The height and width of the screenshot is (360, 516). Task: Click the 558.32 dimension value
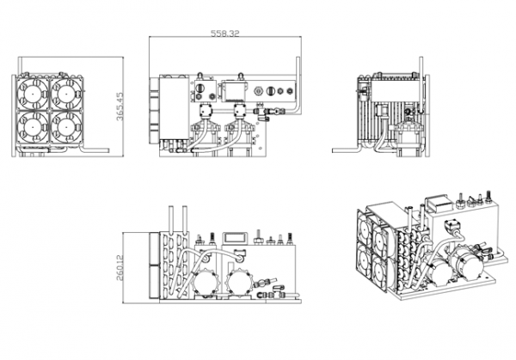click(x=225, y=34)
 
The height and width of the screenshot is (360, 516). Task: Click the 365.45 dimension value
click(x=120, y=107)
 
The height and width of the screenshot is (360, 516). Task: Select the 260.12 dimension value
click(x=120, y=268)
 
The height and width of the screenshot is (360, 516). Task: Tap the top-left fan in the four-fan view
click(x=33, y=94)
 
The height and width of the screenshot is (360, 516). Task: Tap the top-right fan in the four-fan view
click(x=66, y=94)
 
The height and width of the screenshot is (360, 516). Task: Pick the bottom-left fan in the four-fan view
click(x=33, y=126)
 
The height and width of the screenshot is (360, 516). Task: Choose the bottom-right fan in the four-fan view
click(x=66, y=126)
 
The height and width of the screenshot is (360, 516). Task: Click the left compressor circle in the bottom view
click(x=206, y=283)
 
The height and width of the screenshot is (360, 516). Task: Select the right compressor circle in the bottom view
click(x=241, y=283)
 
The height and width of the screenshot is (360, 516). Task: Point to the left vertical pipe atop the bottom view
click(x=171, y=219)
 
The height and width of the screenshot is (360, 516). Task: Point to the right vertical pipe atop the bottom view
click(x=185, y=219)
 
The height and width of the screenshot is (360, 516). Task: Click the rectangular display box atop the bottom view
click(x=235, y=238)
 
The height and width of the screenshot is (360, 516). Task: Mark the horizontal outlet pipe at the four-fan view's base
click(x=95, y=150)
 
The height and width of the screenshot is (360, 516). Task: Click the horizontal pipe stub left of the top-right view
click(x=345, y=150)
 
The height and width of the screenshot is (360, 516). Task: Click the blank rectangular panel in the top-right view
click(x=395, y=89)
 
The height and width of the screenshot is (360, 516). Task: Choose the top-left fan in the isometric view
click(x=365, y=227)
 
